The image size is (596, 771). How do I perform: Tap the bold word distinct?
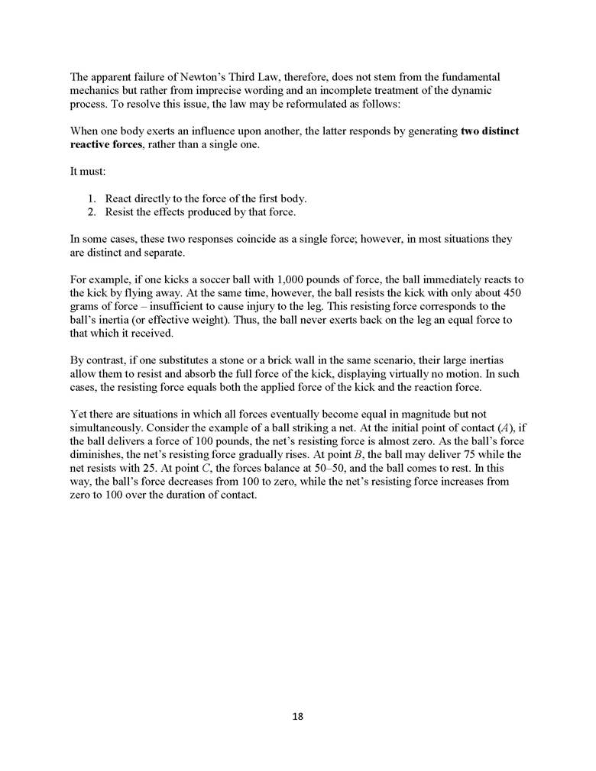491,131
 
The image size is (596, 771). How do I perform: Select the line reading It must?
86,172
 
